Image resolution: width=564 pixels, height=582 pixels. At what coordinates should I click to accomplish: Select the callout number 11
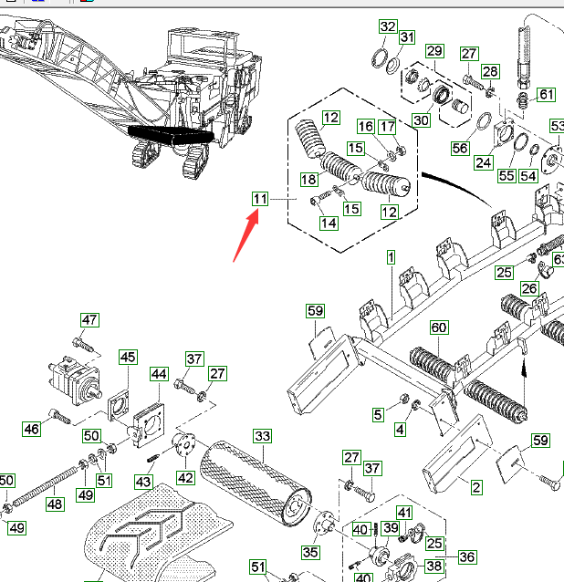point(262,198)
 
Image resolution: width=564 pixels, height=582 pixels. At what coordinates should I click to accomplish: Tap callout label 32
point(388,26)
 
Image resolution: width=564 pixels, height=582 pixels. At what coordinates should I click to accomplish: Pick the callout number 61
point(546,95)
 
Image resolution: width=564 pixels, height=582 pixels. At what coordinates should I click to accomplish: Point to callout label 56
point(459,148)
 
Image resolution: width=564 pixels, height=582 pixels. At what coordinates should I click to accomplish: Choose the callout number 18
point(308,180)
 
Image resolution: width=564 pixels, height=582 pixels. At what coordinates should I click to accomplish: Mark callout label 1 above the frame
point(391,259)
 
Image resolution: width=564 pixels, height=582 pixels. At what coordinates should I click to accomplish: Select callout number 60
point(439,327)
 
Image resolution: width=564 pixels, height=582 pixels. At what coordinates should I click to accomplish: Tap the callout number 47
point(89,320)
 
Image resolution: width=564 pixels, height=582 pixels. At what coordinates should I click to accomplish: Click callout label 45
point(127,357)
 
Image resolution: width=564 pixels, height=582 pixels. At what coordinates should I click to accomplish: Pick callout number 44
point(159,374)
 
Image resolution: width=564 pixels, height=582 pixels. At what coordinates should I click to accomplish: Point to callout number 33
point(263,437)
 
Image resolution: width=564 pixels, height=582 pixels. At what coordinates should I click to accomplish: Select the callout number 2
point(476,488)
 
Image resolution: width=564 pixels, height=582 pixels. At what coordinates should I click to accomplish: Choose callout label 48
point(55,504)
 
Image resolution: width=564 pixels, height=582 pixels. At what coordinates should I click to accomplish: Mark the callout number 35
point(310,552)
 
